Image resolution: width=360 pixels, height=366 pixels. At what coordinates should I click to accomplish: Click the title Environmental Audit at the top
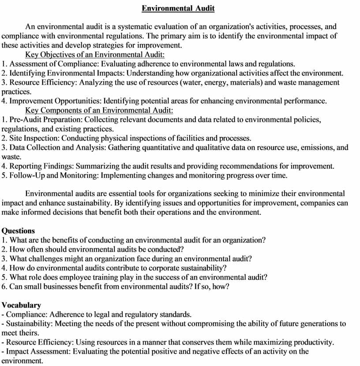click(x=178, y=8)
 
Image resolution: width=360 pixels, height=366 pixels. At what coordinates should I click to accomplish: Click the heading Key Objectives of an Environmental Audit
click(x=95, y=55)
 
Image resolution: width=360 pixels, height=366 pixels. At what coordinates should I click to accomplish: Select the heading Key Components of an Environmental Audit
click(x=99, y=110)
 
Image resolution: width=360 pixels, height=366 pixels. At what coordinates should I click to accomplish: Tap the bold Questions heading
click(x=18, y=231)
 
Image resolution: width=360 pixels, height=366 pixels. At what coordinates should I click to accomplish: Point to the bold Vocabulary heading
click(x=22, y=305)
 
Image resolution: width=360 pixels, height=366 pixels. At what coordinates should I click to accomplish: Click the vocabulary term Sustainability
click(x=27, y=324)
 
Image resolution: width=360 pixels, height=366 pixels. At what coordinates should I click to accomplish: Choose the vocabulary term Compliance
click(x=26, y=314)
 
